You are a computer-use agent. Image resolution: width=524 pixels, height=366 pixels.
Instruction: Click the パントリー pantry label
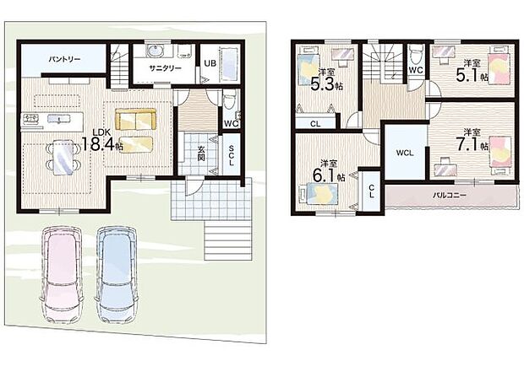tap(64, 59)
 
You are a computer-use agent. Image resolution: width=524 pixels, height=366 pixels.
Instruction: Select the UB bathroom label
tap(210, 63)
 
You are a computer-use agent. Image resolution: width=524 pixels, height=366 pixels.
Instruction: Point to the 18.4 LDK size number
tap(98, 144)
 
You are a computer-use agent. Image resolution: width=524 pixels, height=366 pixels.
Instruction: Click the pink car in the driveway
tap(61, 274)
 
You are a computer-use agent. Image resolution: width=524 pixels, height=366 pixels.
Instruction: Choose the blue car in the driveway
tap(117, 274)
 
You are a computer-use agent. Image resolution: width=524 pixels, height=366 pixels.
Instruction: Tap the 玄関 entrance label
tap(200, 153)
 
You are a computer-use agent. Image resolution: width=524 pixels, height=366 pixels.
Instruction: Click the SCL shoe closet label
tap(232, 155)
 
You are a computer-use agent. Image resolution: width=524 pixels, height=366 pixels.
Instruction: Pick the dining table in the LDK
tap(63, 157)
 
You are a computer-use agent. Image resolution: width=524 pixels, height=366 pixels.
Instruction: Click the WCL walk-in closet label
tap(405, 153)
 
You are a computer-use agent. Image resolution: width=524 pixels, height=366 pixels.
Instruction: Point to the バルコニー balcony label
tap(449, 195)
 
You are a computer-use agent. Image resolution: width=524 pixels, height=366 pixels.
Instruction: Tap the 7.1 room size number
tap(468, 143)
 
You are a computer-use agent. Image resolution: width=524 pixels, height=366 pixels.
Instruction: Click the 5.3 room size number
tap(323, 83)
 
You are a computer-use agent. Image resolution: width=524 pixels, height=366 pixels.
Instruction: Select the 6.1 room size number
tap(325, 175)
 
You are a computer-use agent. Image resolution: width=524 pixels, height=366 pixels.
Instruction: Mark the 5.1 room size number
tap(468, 75)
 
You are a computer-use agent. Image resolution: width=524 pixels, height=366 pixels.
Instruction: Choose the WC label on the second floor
tap(416, 70)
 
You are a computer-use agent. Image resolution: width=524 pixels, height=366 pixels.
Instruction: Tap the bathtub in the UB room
tap(230, 64)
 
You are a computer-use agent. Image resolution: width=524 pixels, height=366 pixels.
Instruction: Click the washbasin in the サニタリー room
tap(155, 51)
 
